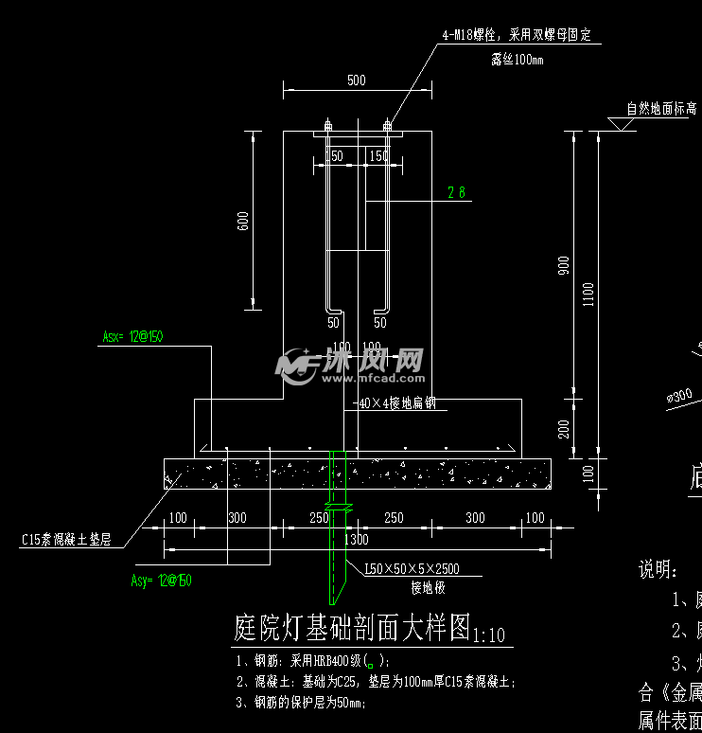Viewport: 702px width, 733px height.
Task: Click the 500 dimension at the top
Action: (356, 80)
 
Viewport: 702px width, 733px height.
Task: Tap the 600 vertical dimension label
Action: (243, 222)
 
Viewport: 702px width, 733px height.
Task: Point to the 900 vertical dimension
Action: (564, 267)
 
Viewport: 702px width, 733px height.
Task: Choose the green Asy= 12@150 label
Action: (161, 581)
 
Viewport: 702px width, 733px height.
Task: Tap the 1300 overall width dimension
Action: (357, 539)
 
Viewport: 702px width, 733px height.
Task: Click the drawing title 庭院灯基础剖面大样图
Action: (351, 627)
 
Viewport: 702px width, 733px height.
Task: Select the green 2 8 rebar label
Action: (456, 193)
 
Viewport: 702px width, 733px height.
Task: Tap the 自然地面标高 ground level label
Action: (661, 109)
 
